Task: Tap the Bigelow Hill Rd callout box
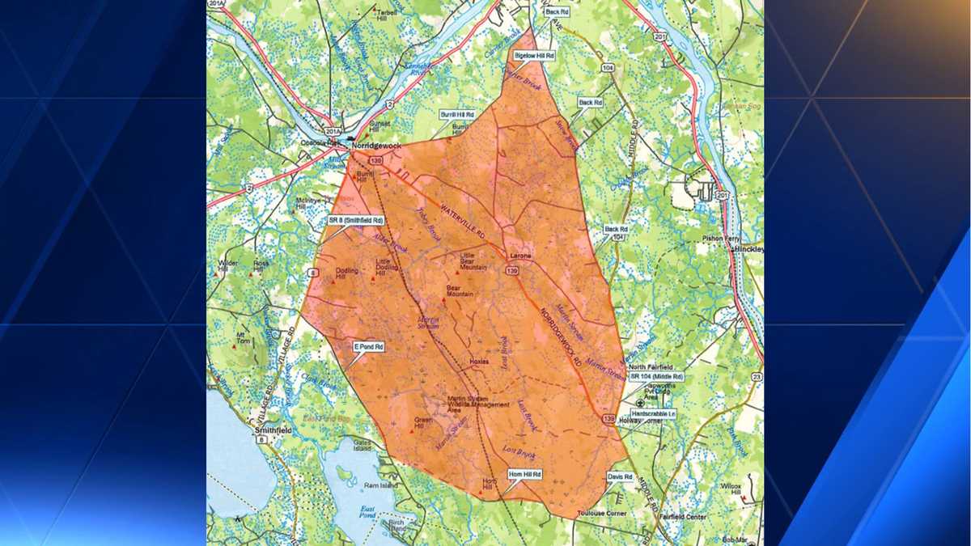(535, 56)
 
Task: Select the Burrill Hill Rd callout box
(458, 116)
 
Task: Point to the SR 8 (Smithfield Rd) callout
(355, 220)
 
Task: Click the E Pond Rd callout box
(368, 346)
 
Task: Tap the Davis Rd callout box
(620, 476)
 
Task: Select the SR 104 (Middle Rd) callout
(656, 377)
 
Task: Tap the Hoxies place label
(479, 362)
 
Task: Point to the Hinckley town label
(748, 250)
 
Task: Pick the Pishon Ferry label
(722, 239)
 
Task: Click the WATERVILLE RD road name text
(461, 220)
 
